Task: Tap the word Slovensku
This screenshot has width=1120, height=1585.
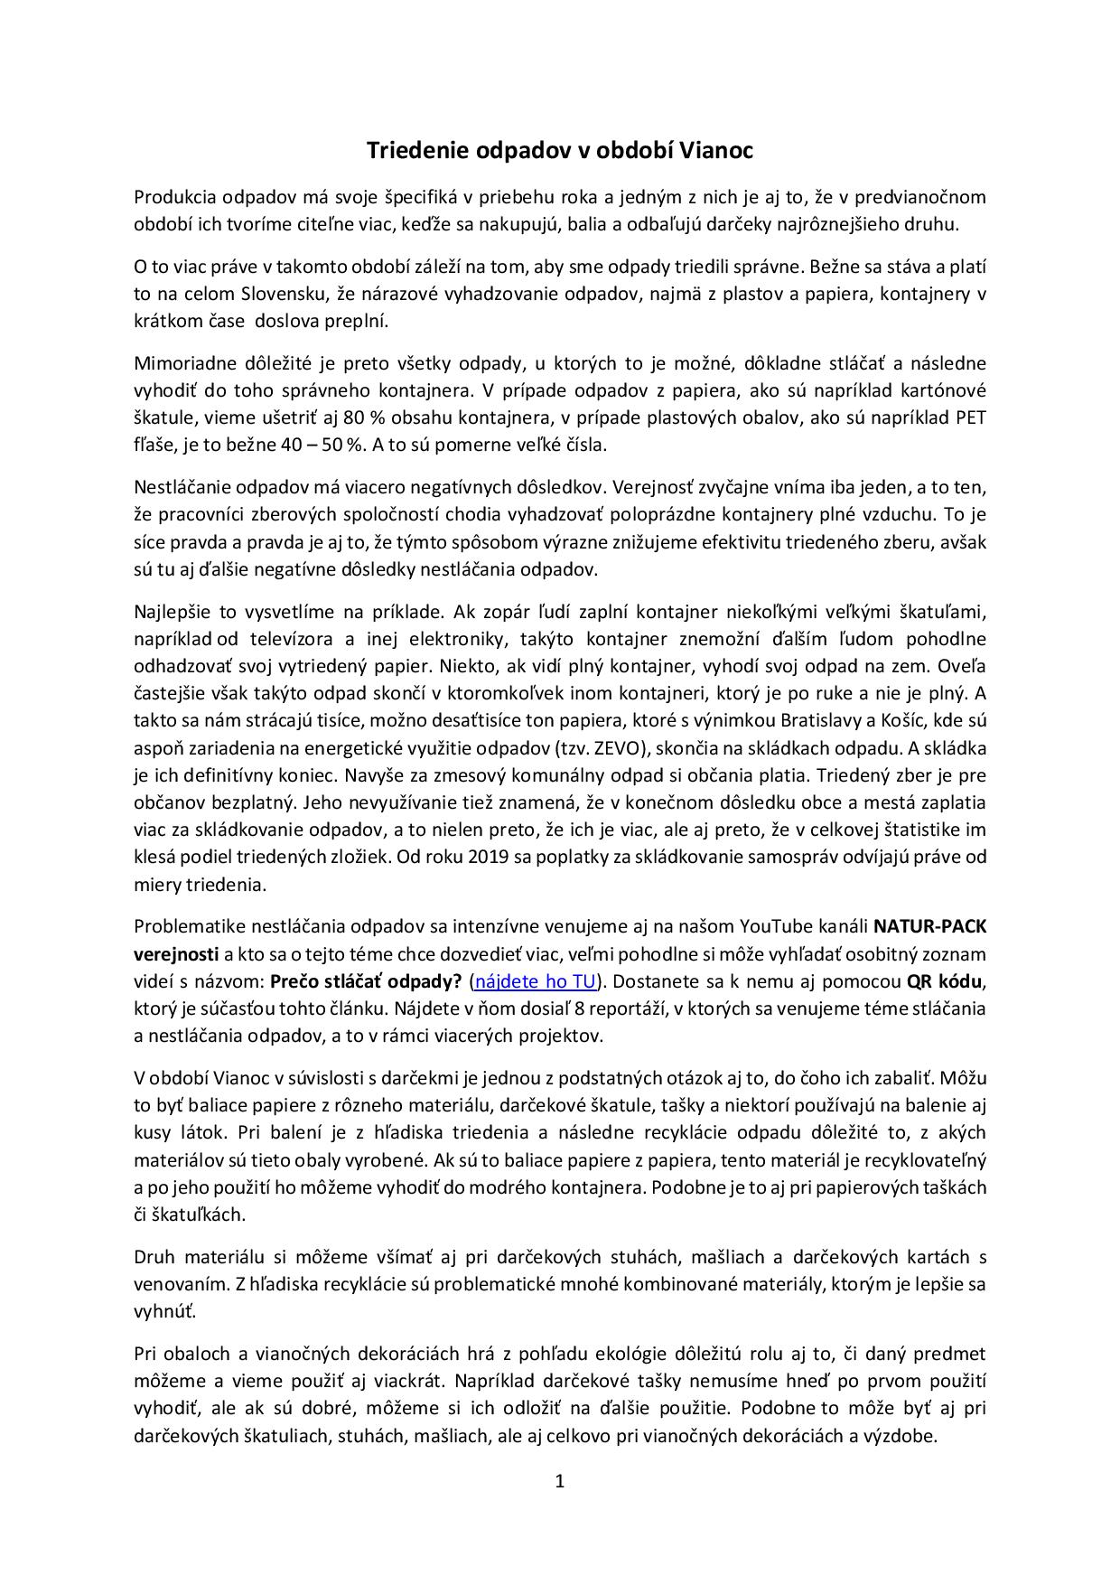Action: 285,294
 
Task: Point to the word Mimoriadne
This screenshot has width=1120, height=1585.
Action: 180,363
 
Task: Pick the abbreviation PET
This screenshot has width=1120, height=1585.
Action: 969,417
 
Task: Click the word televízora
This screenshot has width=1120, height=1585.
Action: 290,639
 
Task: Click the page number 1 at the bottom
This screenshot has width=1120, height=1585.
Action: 560,1481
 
